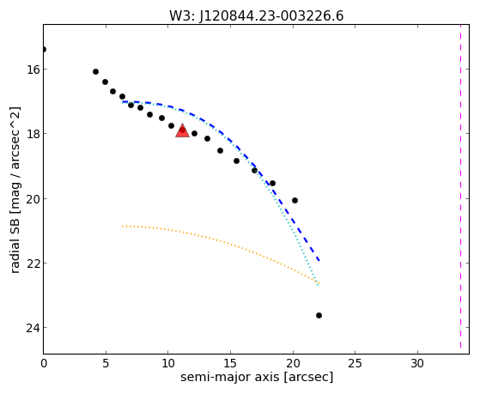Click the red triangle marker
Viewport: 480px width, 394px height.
coord(182,130)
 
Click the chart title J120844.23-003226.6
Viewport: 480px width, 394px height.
coord(271,16)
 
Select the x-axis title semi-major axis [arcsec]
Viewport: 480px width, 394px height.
coord(257,377)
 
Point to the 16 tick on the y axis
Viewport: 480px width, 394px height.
coord(33,70)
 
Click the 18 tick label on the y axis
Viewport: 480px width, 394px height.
coord(33,134)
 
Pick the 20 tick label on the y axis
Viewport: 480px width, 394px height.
coord(33,199)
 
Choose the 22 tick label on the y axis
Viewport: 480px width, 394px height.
coord(33,264)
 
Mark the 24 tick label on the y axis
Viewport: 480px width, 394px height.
coord(33,328)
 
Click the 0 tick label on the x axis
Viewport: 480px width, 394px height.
coord(44,363)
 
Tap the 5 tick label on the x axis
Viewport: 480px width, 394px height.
coord(106,363)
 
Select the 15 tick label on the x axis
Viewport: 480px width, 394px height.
coord(230,363)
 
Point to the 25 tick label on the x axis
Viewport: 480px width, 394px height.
coord(355,363)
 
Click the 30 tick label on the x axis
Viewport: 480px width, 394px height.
coord(417,363)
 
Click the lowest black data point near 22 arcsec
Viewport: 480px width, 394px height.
coord(319,315)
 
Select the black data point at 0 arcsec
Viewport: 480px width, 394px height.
coord(44,49)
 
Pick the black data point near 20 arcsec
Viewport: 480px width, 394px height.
coord(295,201)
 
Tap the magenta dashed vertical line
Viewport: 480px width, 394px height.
coord(460,187)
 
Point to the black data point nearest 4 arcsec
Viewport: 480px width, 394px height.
coord(95,71)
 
